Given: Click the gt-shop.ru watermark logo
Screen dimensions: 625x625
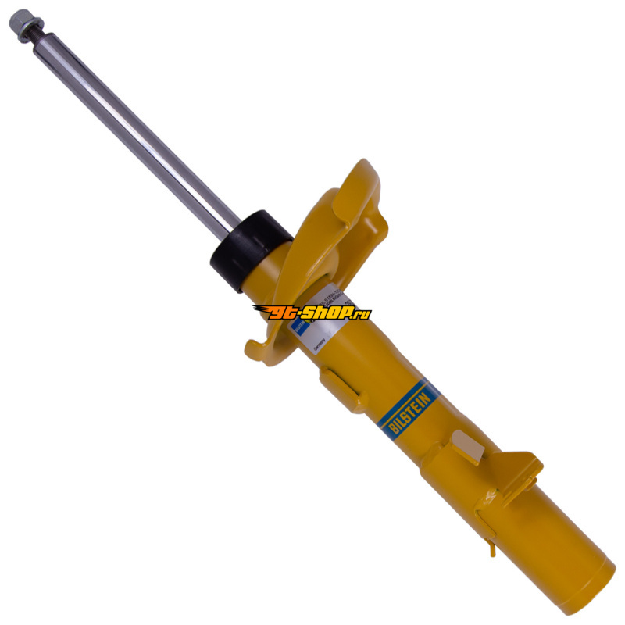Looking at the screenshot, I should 312,312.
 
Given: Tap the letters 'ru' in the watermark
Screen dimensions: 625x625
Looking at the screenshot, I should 361,314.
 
